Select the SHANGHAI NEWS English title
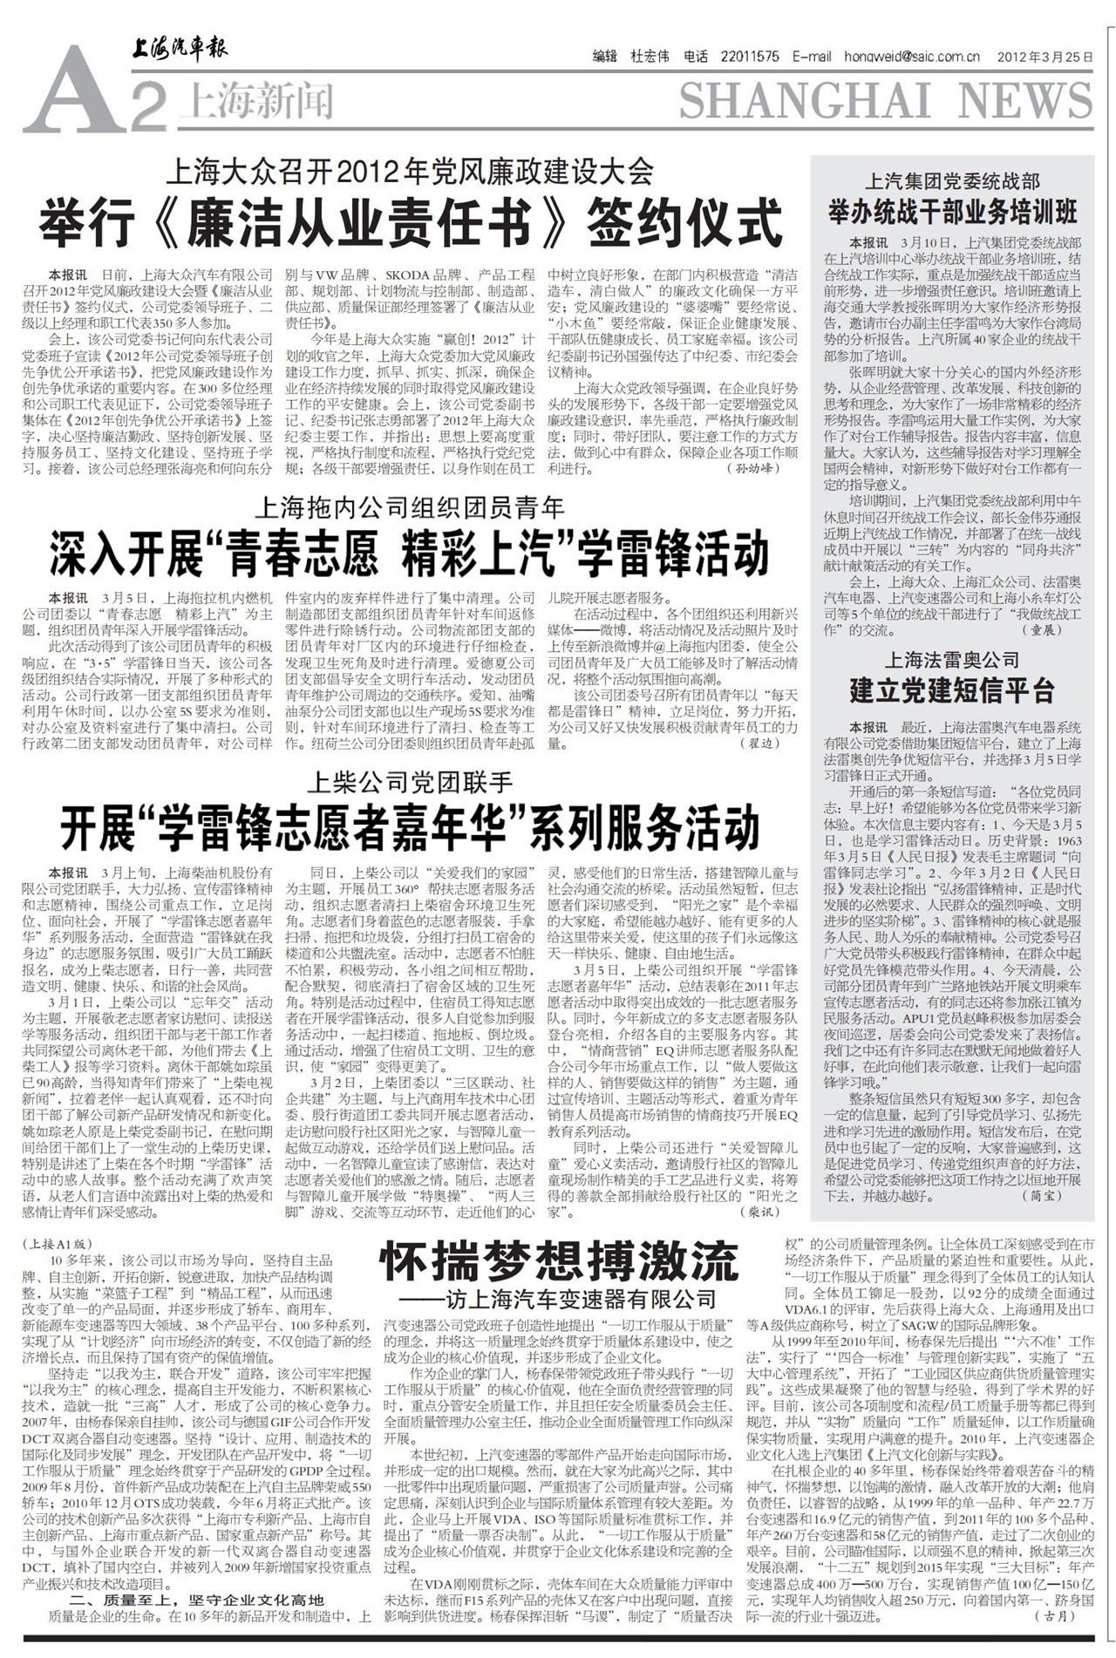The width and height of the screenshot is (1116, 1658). point(886,102)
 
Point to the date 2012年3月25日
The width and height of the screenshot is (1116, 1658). point(1047,57)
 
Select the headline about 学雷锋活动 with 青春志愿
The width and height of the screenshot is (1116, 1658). point(410,555)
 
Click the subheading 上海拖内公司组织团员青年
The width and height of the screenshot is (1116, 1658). point(410,506)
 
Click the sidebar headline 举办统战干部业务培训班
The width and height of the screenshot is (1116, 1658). point(952,211)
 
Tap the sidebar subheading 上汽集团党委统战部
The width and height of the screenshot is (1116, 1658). point(952,181)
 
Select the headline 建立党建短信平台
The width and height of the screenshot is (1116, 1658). point(952,691)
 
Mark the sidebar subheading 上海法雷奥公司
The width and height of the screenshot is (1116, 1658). point(952,660)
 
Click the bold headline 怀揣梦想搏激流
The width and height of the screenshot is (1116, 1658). point(559,1261)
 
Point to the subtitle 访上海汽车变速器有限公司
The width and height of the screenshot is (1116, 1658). point(575,1300)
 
